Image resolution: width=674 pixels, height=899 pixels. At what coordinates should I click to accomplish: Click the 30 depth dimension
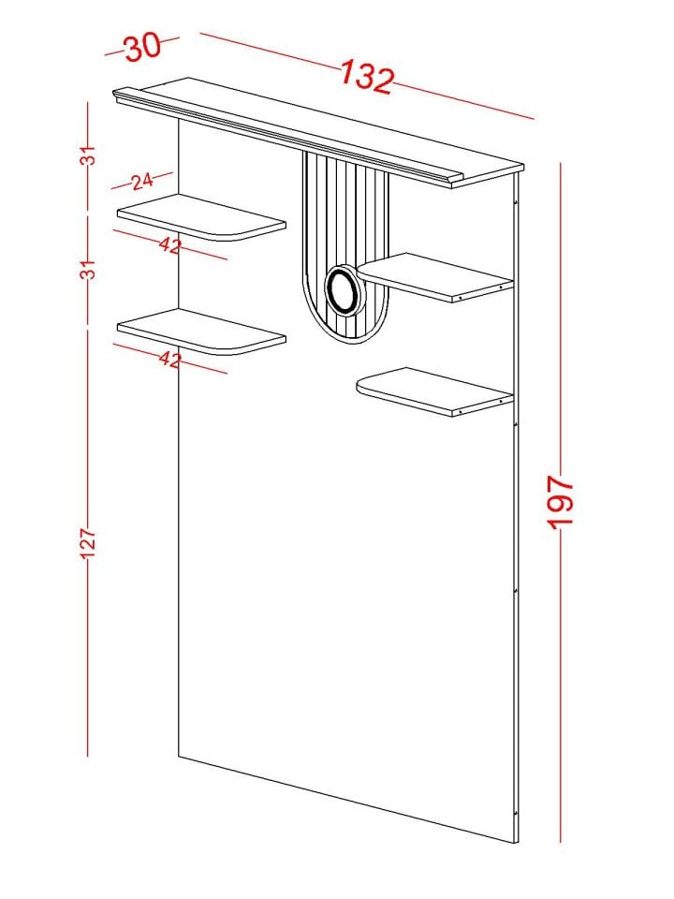[143, 47]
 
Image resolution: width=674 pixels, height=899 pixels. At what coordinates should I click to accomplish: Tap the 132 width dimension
[367, 76]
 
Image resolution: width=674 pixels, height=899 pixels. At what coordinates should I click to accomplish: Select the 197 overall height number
[560, 502]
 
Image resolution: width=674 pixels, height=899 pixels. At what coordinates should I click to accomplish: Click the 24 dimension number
[142, 182]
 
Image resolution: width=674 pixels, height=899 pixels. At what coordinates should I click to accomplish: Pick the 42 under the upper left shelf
[170, 246]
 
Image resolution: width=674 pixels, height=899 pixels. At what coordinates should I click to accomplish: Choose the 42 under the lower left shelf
[170, 360]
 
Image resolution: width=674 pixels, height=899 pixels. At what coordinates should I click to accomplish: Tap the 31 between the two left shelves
[88, 269]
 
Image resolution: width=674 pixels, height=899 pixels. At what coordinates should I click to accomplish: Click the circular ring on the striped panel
[344, 290]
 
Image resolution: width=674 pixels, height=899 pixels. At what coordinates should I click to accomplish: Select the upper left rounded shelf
[201, 216]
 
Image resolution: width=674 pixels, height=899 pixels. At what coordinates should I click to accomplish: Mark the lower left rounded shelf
[201, 332]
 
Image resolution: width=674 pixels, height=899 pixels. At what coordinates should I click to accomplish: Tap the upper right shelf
[434, 277]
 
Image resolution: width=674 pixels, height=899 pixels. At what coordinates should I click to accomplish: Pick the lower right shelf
[434, 392]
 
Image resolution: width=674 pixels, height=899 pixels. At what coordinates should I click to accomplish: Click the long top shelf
[318, 132]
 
